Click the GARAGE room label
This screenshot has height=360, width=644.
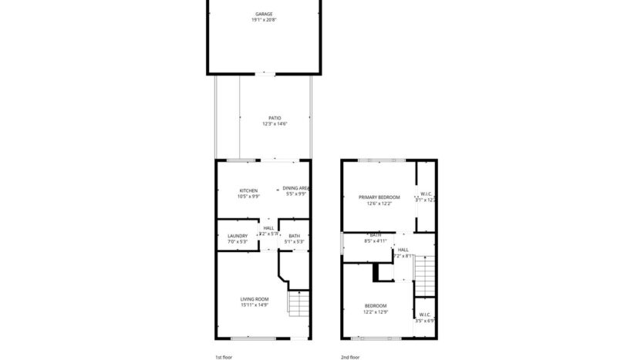pos(264,14)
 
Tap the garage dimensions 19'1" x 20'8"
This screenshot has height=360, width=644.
pos(264,20)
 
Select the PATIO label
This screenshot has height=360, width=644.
pos(264,118)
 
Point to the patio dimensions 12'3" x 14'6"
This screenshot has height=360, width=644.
pos(264,124)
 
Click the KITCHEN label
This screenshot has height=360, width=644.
pos(248,190)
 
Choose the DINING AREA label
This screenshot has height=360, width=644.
pos(295,188)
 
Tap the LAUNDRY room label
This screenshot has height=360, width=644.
pos(237,236)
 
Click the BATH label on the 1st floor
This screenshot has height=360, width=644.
pos(294,236)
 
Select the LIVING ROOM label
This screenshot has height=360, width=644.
pos(254,299)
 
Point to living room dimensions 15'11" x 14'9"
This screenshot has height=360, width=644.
pos(254,305)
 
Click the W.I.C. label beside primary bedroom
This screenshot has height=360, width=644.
pos(427,193)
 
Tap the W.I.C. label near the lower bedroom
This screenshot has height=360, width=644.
pos(425,315)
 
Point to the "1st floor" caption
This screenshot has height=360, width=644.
pos(224,357)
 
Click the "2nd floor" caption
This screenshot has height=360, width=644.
pos(350,357)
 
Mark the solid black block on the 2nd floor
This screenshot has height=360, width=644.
pos(378,272)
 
